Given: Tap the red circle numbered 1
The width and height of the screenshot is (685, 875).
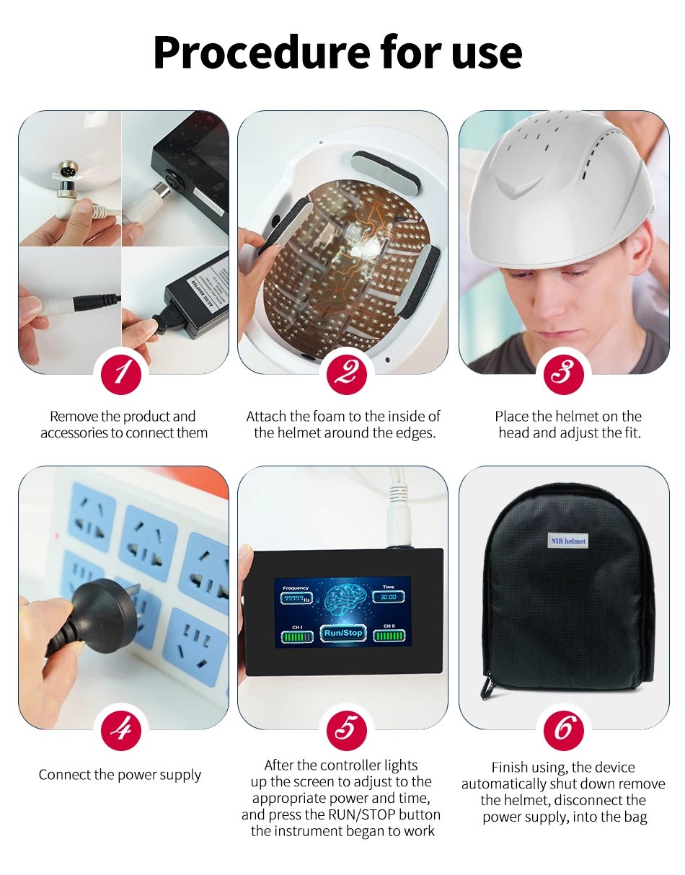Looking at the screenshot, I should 121,373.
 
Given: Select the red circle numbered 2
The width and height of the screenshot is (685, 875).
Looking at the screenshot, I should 342,373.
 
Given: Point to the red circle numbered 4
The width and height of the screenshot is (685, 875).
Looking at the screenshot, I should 121,729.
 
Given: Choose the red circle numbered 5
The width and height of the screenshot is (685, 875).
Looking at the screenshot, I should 342,729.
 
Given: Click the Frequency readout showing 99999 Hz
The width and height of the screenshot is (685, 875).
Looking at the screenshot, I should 296,598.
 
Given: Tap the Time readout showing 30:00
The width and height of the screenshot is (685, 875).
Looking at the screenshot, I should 389,597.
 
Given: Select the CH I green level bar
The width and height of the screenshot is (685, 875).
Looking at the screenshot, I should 296,636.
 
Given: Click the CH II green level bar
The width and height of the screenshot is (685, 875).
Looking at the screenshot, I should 389,636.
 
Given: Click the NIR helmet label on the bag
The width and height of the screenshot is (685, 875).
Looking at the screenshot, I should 568,541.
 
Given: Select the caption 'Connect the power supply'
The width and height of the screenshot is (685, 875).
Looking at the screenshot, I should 120,775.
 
